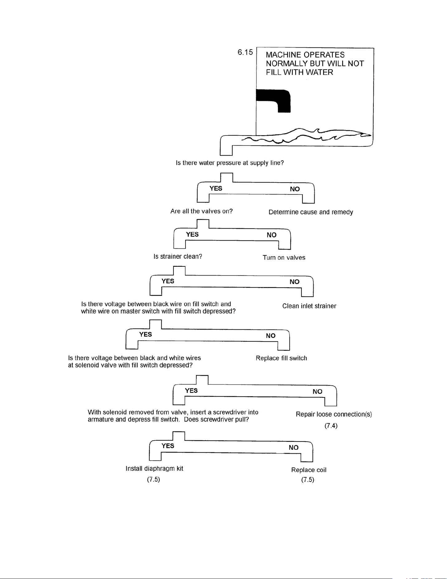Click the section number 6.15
pyautogui.click(x=245, y=52)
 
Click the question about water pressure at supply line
pyautogui.click(x=230, y=163)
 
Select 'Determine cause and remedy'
pyautogui.click(x=311, y=212)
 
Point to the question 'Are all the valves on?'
pyautogui.click(x=201, y=211)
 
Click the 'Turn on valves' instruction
pyautogui.click(x=284, y=257)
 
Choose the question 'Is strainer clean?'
pyautogui.click(x=178, y=256)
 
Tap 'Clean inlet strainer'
pyautogui.click(x=309, y=306)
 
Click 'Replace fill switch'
pyautogui.click(x=281, y=358)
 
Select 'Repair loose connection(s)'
pyautogui.click(x=334, y=414)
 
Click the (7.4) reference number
pyautogui.click(x=331, y=426)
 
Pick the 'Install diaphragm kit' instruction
pyautogui.click(x=154, y=469)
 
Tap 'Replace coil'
pyautogui.click(x=309, y=470)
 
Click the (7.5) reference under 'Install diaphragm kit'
pyautogui.click(x=153, y=479)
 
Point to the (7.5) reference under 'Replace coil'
pyautogui.click(x=308, y=480)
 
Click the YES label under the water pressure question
pyautogui.click(x=216, y=188)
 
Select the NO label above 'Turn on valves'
pyautogui.click(x=272, y=235)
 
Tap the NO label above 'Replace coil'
pyautogui.click(x=294, y=447)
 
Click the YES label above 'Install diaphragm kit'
pyautogui.click(x=168, y=446)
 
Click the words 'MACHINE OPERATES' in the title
pyautogui.click(x=305, y=55)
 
